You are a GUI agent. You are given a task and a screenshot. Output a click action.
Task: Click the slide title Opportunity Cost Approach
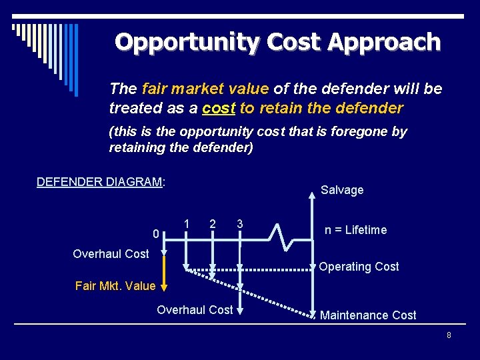(x=277, y=42)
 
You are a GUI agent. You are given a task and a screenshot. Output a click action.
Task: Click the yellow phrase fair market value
(x=205, y=89)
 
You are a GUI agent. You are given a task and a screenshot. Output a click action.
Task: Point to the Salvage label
(x=342, y=190)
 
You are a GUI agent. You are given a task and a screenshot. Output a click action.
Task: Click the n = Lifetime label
(x=355, y=230)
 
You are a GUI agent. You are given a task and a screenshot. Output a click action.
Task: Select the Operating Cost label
(x=359, y=267)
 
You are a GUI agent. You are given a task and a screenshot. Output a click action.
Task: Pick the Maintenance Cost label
(x=368, y=315)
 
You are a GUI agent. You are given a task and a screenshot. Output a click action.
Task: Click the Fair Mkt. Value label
(x=115, y=286)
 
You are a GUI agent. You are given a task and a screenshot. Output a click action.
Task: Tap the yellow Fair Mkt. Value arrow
(x=161, y=273)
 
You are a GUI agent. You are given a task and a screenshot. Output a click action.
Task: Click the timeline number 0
(x=155, y=234)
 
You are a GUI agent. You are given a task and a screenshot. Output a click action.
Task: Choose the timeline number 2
(x=213, y=223)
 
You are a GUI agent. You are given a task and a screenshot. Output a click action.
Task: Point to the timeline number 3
(x=239, y=223)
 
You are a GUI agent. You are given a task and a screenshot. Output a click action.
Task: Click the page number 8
(x=449, y=335)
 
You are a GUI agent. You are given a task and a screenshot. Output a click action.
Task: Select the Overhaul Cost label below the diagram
(x=195, y=310)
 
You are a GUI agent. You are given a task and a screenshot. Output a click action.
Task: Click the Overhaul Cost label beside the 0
(x=111, y=254)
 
